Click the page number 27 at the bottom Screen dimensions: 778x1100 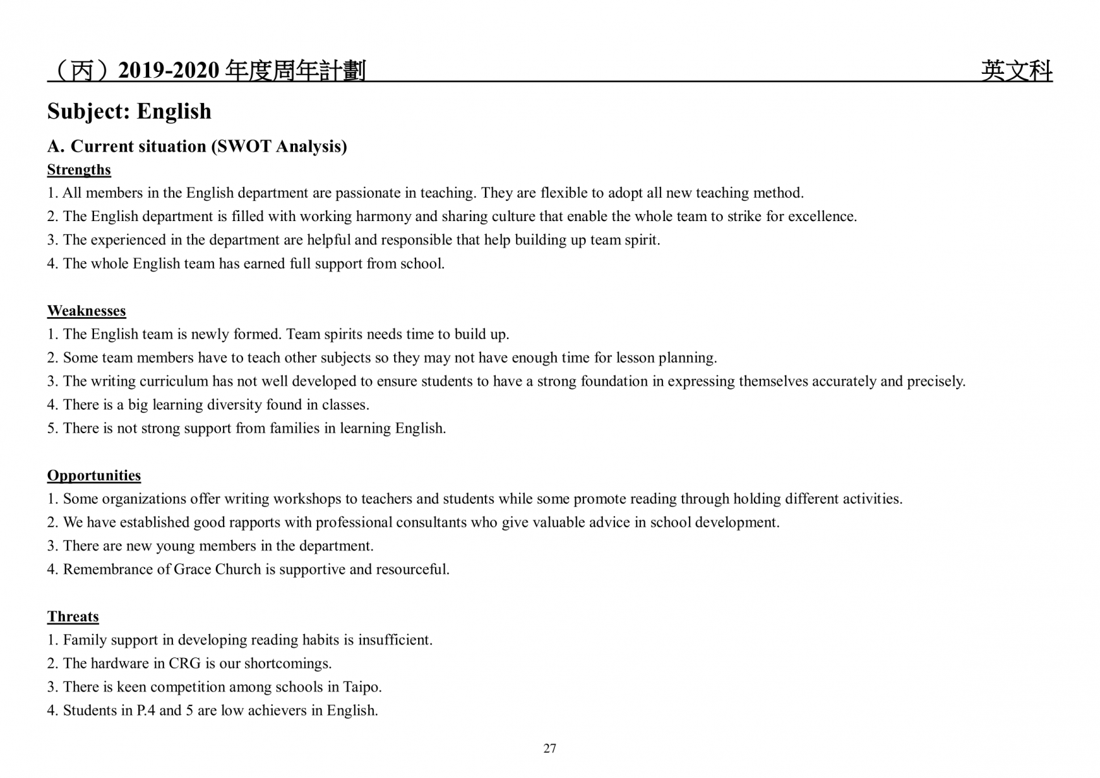pos(550,748)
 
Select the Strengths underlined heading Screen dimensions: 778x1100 pos(79,170)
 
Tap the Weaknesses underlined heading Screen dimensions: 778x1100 pos(86,311)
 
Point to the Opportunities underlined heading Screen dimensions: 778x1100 pos(94,476)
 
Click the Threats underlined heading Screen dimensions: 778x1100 pos(73,617)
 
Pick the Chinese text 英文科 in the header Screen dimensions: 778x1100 pos(1016,70)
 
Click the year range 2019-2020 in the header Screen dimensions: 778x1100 pos(169,70)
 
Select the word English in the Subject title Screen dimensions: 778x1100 pos(174,112)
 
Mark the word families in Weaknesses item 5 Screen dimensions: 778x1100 pos(296,429)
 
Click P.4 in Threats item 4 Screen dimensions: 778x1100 pos(146,711)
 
